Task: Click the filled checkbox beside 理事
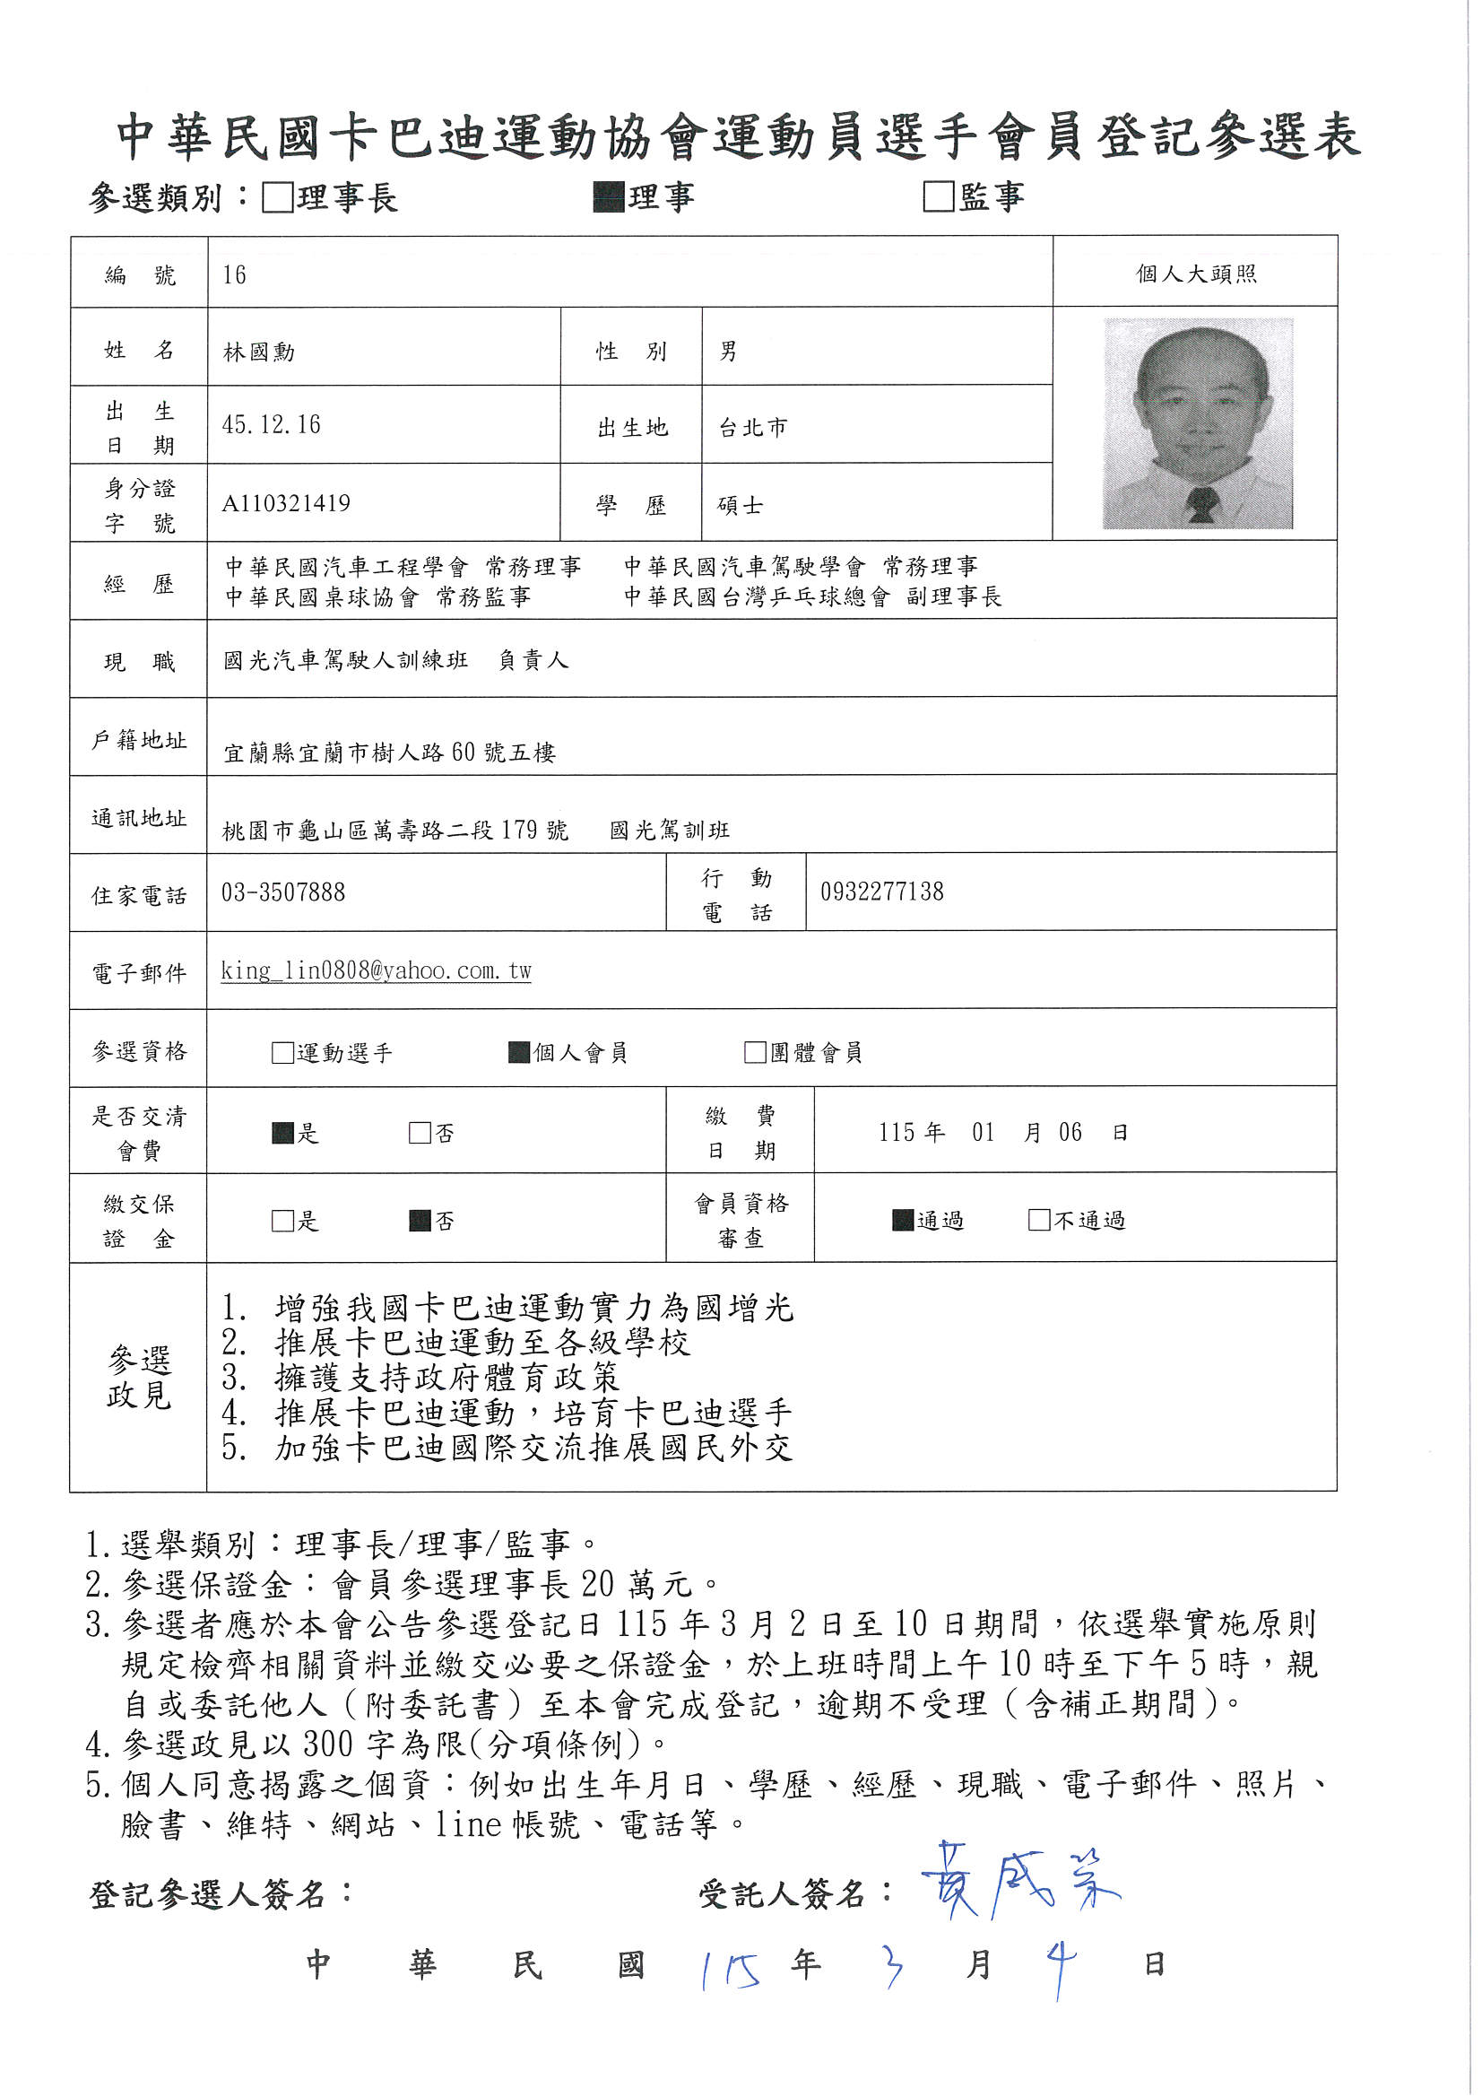[x=608, y=196]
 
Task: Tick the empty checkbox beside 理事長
[x=277, y=197]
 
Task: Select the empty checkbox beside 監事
[x=939, y=196]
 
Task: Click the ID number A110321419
[x=286, y=503]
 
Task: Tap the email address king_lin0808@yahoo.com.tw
[x=376, y=970]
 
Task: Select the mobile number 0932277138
[x=881, y=892]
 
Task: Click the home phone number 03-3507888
[x=283, y=892]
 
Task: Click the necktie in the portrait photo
[x=1201, y=503]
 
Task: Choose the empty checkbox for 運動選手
[x=282, y=1053]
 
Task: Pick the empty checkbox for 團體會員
[x=755, y=1052]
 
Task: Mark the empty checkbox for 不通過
[x=1039, y=1220]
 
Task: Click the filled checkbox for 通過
[x=903, y=1220]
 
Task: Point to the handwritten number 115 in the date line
[x=732, y=1970]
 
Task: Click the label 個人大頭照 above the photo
[x=1195, y=274]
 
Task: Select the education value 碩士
[x=740, y=505]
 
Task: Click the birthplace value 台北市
[x=752, y=428]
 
